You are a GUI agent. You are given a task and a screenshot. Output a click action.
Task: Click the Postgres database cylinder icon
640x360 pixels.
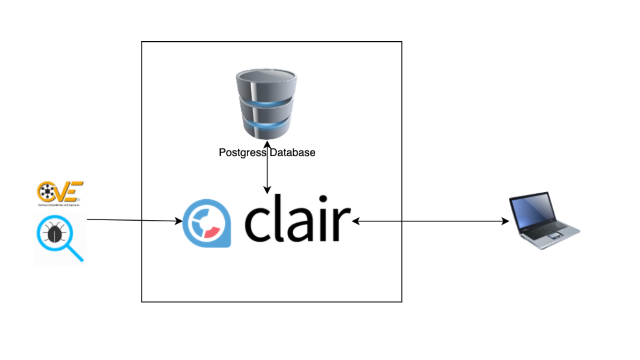tap(266, 103)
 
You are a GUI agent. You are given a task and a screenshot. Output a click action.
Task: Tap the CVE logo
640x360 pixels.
tap(60, 193)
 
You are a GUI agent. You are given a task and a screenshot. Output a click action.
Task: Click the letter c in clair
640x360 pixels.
tap(258, 223)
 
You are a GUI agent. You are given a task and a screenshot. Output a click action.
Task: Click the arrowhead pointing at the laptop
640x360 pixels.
tap(506, 221)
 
